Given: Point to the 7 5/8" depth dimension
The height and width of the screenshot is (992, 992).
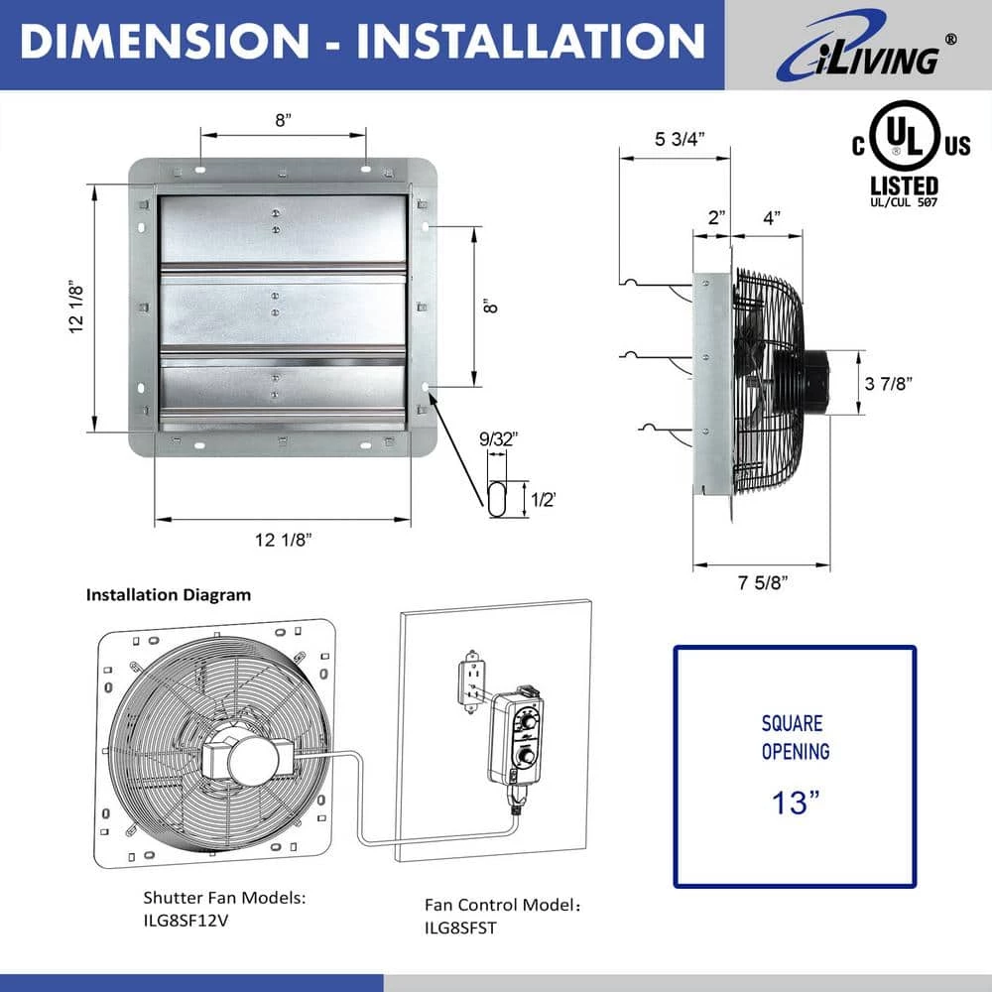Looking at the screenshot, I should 761,581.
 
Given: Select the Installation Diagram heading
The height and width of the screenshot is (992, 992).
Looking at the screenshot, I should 169,595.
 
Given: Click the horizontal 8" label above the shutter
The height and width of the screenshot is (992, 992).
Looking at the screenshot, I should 284,120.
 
